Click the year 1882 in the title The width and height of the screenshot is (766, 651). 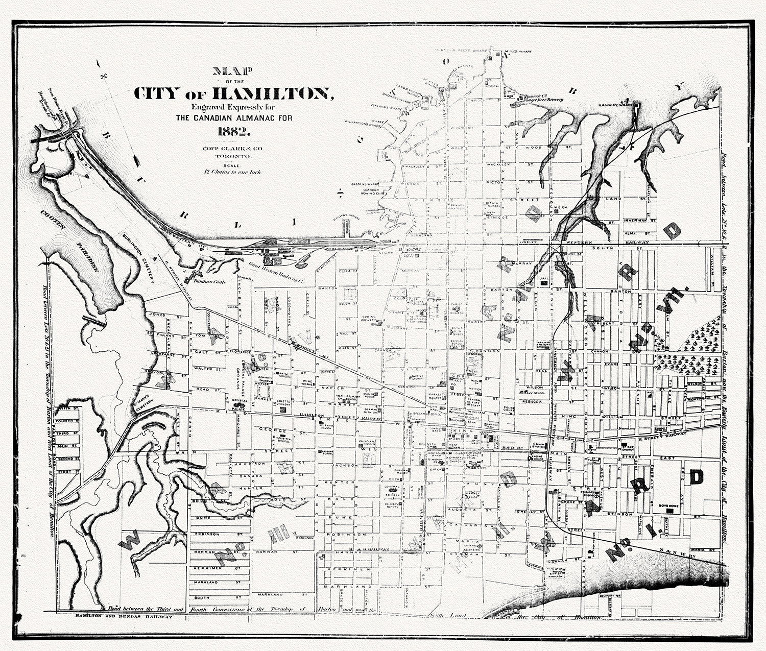tap(233, 130)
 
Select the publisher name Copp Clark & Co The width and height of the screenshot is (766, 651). tap(232, 148)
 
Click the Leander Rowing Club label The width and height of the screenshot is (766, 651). tap(369, 191)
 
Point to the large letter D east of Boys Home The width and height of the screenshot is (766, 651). tap(696, 477)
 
